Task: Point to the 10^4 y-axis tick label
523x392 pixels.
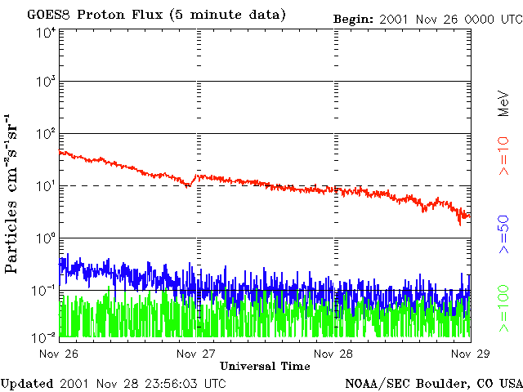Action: click(45, 33)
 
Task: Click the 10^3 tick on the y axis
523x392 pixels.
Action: click(45, 82)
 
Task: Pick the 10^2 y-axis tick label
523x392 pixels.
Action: click(45, 134)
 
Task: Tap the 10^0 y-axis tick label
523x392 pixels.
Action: click(45, 238)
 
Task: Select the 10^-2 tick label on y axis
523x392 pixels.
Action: click(44, 336)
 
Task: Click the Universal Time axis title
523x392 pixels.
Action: click(265, 366)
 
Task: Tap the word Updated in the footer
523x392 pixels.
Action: click(27, 382)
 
